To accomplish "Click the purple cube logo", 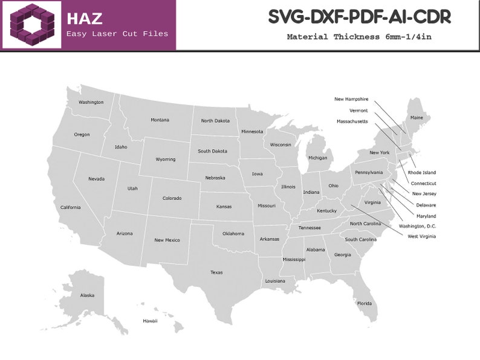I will coord(31,25).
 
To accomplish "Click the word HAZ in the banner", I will coord(84,18).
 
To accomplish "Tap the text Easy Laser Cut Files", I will coord(117,34).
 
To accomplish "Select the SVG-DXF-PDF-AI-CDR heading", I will coord(359,18).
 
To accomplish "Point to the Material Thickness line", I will coord(359,37).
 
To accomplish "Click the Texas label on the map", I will coord(216,272).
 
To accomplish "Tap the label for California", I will coord(70,207).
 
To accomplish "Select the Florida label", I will coord(364,303).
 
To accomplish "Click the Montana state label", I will coord(160,120).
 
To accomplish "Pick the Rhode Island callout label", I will coord(421,173).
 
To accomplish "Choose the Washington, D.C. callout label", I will coord(417,226).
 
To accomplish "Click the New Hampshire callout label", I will coord(351,99).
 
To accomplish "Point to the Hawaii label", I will coord(150,321).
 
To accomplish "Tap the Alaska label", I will coord(87,295).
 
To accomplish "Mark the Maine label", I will coord(417,118).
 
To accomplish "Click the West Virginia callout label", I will coord(421,236).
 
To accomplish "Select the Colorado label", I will coord(172,198).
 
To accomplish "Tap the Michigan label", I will coord(317,158).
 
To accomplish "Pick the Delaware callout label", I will coord(426,205).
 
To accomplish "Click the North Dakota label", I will coord(215,121).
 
